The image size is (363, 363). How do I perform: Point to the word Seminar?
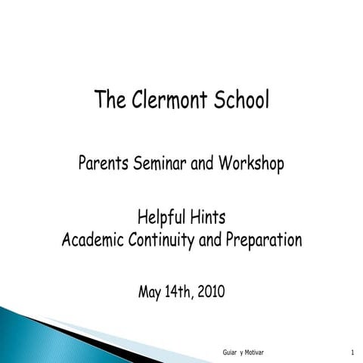coord(160,163)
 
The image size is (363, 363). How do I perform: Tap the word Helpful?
coord(161,218)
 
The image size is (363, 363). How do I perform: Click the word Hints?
coord(207,218)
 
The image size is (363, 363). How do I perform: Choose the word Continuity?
coord(163,241)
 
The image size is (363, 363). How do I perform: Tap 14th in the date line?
coord(184,291)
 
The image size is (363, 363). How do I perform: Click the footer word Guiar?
coord(230,353)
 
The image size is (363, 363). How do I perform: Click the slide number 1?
coord(353,353)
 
